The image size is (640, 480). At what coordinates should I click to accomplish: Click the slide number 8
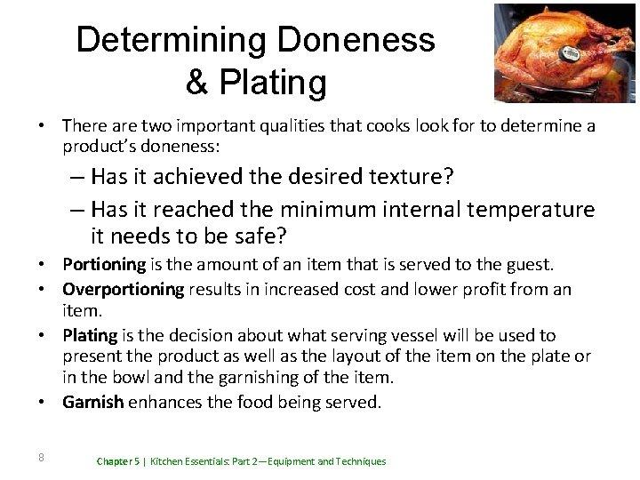41,458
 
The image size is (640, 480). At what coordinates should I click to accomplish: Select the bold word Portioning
104,264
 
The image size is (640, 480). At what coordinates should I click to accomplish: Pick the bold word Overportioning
123,289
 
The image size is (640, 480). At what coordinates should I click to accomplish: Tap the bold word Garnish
93,403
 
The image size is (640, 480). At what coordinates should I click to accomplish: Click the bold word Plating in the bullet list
90,335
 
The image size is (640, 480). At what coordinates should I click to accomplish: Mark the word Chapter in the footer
116,462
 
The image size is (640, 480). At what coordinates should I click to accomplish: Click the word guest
527,264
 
